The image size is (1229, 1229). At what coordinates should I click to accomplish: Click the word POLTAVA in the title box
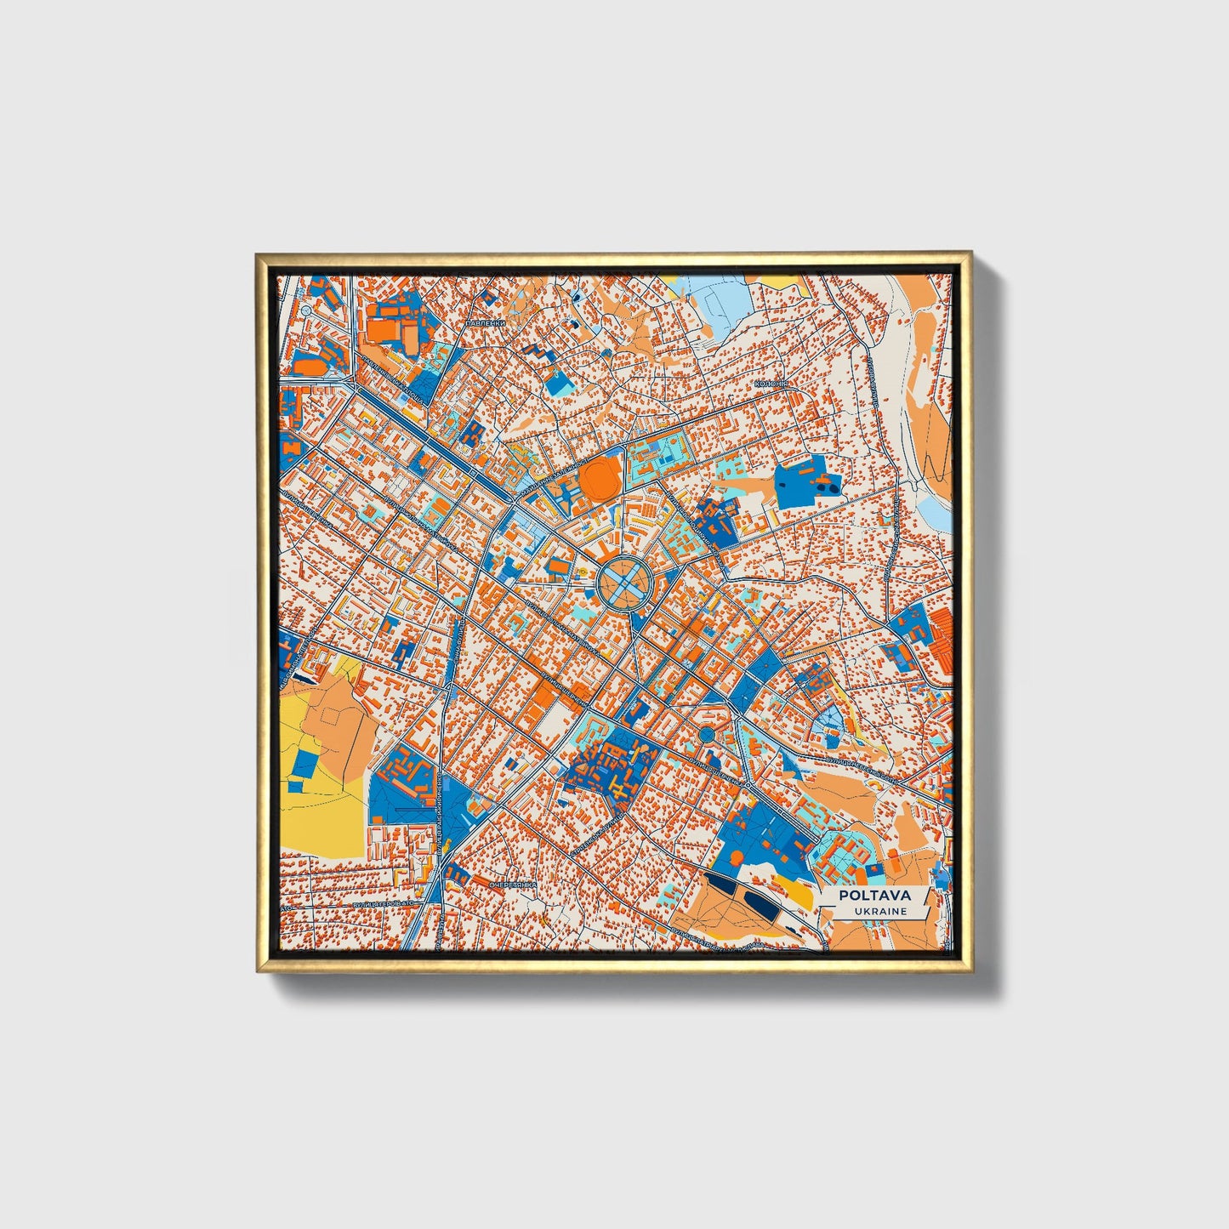click(x=874, y=895)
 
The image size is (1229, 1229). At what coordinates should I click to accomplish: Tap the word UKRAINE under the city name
click(x=880, y=912)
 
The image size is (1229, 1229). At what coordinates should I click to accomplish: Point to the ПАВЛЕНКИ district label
click(x=486, y=324)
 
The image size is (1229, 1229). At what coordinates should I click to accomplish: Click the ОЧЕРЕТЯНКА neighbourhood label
click(x=513, y=885)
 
